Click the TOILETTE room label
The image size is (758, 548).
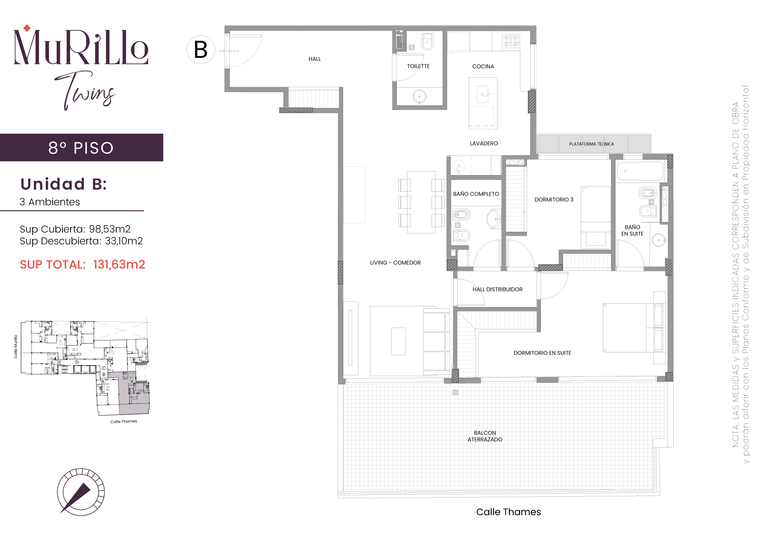point(418,66)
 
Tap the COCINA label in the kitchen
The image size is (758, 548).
point(483,67)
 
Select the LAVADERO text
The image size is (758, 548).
point(484,144)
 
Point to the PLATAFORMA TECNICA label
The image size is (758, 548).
point(591,144)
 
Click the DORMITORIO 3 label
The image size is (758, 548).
point(554,199)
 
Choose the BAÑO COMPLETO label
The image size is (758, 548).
point(476,194)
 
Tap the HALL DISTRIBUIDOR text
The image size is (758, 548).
point(497,289)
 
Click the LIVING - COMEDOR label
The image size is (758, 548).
point(395,263)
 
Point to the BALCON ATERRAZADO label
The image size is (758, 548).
point(485,436)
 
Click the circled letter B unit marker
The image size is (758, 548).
point(201,50)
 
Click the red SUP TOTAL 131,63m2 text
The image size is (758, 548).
point(83,265)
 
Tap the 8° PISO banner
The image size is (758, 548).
point(81,148)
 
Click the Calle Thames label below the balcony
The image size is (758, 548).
point(508,512)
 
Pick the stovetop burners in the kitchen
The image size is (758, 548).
point(511,41)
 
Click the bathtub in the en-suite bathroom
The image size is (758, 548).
point(640,171)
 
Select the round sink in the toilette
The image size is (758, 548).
point(419,96)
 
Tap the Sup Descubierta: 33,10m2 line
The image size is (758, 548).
point(81,241)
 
